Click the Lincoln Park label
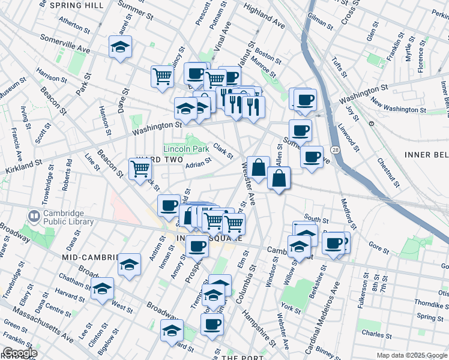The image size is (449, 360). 186,148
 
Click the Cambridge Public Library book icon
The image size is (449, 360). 34,215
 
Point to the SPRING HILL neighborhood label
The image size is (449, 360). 77,5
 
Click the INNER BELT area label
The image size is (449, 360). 426,154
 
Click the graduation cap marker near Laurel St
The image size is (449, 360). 121,47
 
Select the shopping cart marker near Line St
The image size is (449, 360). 140,169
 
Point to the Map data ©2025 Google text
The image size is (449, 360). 412,355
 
